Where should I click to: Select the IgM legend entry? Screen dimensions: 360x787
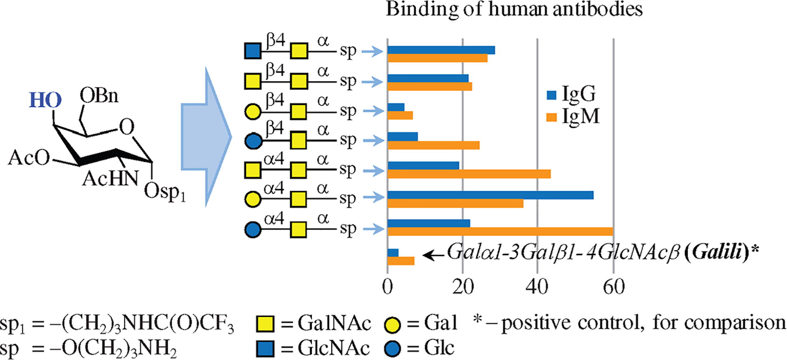573,117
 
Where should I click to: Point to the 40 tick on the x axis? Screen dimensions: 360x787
537,287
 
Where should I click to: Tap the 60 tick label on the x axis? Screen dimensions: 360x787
614,287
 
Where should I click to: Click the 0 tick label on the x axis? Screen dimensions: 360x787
387,287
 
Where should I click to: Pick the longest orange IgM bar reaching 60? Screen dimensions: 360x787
500,232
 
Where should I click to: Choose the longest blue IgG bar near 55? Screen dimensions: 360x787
490,195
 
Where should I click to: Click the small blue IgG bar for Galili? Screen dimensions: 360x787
393,253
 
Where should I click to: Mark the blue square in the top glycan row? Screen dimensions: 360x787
253,52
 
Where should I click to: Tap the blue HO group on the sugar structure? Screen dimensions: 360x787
45,100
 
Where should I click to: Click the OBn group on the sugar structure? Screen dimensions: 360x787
99,96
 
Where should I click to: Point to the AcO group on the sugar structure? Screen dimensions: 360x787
28,158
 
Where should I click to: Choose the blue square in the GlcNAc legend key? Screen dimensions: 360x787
265,349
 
